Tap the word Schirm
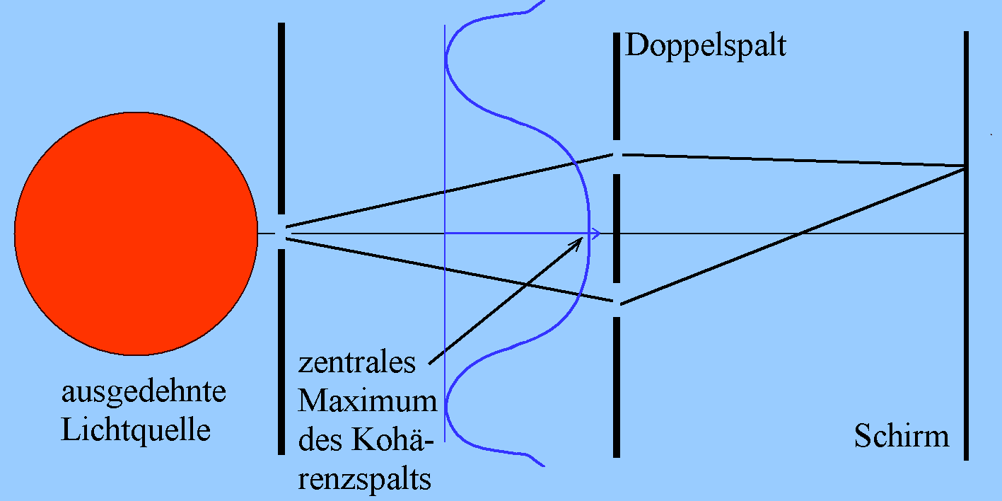[901, 436]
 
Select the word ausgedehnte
[144, 392]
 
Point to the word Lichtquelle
[136, 430]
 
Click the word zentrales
[356, 363]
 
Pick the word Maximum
[367, 401]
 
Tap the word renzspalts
[365, 480]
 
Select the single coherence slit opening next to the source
[281, 229]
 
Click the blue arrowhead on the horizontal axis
[596, 234]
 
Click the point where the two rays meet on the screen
[965, 166]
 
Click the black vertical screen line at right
[965, 318]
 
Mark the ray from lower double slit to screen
[792, 236]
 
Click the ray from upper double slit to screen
[792, 160]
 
